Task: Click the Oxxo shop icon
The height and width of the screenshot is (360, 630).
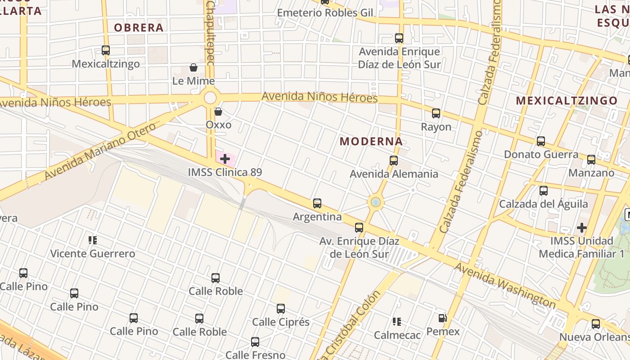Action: [218, 111]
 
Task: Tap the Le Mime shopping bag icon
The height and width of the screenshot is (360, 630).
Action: [193, 67]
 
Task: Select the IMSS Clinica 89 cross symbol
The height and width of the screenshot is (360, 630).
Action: [225, 158]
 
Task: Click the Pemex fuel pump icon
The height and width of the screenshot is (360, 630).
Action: [443, 318]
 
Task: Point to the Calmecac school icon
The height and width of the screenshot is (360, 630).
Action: [397, 322]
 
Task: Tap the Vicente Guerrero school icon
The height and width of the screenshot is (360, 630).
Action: [93, 240]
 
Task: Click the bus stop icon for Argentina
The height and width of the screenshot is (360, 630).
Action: [317, 203]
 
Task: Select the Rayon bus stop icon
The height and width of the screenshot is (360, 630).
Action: [436, 113]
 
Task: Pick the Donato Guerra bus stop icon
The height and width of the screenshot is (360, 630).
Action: [541, 141]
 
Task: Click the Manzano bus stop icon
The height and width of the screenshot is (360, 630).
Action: [591, 160]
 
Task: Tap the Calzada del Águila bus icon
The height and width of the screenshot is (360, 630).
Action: [544, 191]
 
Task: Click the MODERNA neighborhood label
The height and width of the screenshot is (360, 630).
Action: [371, 141]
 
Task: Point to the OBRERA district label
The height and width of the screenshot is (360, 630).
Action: [139, 27]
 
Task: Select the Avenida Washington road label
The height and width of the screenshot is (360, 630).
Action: [505, 286]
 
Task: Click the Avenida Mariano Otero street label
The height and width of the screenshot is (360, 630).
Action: [100, 151]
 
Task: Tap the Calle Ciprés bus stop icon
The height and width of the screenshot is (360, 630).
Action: [281, 309]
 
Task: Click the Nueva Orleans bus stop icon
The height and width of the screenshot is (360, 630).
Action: [596, 324]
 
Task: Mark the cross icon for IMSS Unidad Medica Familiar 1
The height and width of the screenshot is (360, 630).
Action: [582, 228]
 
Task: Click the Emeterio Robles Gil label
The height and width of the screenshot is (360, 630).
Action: [325, 13]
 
